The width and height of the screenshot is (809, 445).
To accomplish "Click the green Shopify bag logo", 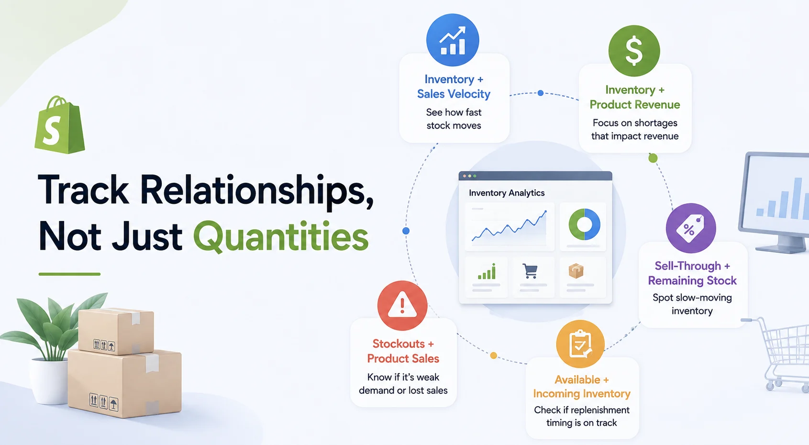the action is click(x=60, y=125).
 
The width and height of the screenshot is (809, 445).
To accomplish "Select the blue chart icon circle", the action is click(x=453, y=40).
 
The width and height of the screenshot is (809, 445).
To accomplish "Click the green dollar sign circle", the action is click(x=634, y=51).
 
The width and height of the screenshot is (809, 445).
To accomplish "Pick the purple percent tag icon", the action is click(x=691, y=228).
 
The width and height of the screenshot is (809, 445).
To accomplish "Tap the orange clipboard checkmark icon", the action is click(x=580, y=344).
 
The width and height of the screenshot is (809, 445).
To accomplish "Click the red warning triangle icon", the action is click(x=402, y=306).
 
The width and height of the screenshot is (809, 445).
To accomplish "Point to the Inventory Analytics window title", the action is click(x=507, y=193).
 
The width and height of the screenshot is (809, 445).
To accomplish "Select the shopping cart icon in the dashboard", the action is click(x=530, y=271).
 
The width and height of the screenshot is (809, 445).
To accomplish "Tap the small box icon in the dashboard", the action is click(x=576, y=271).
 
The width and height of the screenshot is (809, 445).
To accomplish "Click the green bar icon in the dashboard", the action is click(x=487, y=271).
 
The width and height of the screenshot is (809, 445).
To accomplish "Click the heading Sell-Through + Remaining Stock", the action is click(x=692, y=273).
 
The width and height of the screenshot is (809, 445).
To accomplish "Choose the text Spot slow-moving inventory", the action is click(x=692, y=304).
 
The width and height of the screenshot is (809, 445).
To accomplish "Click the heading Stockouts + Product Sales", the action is click(x=403, y=351).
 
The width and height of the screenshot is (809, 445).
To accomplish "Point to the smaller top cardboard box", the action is click(x=116, y=331).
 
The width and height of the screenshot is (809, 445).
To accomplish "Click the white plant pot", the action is click(x=49, y=381).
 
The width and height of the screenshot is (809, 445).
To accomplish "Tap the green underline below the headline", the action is click(x=69, y=274).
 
